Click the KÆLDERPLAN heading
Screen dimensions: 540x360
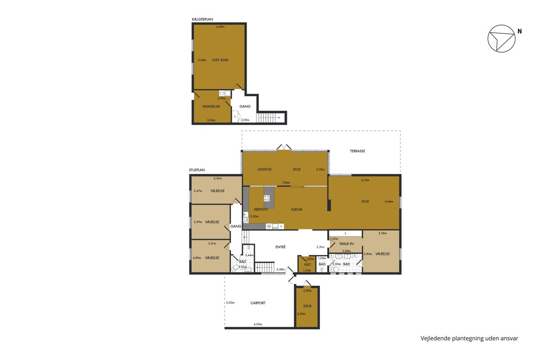pos(202,19)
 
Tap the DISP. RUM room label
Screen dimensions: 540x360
pos(220,60)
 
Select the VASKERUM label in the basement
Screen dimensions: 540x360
pos(211,106)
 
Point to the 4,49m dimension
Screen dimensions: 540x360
pos(220,27)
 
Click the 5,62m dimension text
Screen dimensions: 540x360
pos(202,60)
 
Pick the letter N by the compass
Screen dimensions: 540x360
pos(520,31)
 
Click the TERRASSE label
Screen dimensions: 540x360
pos(357,151)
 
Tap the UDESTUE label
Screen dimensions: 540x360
pos(265,170)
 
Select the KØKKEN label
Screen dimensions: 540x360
pos(261,209)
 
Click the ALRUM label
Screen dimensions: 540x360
pos(297,209)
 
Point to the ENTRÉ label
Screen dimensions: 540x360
pos(280,247)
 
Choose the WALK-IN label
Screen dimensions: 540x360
pos(346,244)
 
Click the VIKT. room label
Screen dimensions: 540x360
pos(308,265)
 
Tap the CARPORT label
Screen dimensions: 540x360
pos(258,303)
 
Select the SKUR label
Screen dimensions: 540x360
pos(307,306)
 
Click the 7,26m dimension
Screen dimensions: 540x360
pos(286,183)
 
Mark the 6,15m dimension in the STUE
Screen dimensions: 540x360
pos(365,180)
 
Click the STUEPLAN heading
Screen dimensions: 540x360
pos(197,170)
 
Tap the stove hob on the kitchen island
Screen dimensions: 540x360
pos(266,198)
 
